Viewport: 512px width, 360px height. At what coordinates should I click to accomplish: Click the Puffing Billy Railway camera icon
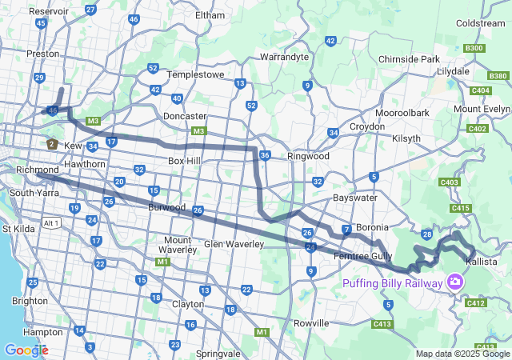tap(455, 282)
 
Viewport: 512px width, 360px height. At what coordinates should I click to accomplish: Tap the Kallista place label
tap(482, 262)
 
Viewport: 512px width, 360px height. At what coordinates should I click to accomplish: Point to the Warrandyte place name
tap(284, 58)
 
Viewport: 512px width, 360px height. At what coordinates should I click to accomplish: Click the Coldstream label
tap(481, 23)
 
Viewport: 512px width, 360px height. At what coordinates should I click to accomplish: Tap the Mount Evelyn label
tap(482, 109)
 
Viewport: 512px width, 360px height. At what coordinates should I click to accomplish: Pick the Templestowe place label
tap(192, 74)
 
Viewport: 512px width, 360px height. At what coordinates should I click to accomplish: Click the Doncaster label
tap(185, 116)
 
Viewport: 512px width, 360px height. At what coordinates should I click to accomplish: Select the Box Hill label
tap(185, 161)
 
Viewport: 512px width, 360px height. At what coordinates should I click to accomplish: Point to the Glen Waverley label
tap(234, 243)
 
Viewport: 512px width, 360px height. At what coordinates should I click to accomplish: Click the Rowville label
tap(312, 323)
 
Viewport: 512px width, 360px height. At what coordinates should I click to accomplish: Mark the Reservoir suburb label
tap(48, 12)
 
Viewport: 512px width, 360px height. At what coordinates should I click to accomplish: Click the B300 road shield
tap(474, 48)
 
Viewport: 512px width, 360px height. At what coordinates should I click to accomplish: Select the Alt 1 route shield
tap(52, 222)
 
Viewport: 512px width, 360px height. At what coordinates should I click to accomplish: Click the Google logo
tap(26, 350)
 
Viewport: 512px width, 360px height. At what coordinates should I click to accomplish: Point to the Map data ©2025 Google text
tap(462, 354)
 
